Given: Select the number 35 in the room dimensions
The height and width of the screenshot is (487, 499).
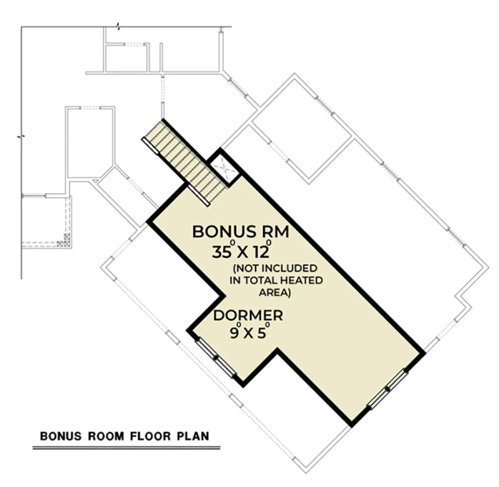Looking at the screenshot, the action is point(222,252).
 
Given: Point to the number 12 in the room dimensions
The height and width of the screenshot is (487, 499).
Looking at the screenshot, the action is point(262,252).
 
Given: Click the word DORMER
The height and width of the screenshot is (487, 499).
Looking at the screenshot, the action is point(248,315).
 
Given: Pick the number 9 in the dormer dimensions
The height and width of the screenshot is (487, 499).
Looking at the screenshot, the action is point(234,334).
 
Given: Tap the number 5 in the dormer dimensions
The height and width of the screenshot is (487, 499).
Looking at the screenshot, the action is point(262,334).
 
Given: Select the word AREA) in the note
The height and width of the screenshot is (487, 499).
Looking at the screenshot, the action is point(275,293).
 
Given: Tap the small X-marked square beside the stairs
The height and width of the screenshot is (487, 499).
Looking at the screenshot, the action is point(224,169).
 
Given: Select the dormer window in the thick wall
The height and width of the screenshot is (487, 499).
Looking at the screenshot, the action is point(216,358).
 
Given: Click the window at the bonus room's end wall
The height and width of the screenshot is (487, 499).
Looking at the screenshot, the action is point(388,389).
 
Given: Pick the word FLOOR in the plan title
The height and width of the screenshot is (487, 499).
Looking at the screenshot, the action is point(150,436).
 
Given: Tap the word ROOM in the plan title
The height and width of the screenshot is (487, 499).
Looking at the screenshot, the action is point(106,436).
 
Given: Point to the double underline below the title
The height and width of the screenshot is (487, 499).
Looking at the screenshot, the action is point(126,448).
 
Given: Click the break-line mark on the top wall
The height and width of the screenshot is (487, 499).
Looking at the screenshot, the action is point(118,26).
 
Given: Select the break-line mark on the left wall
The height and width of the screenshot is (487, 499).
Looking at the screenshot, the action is point(21,136).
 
